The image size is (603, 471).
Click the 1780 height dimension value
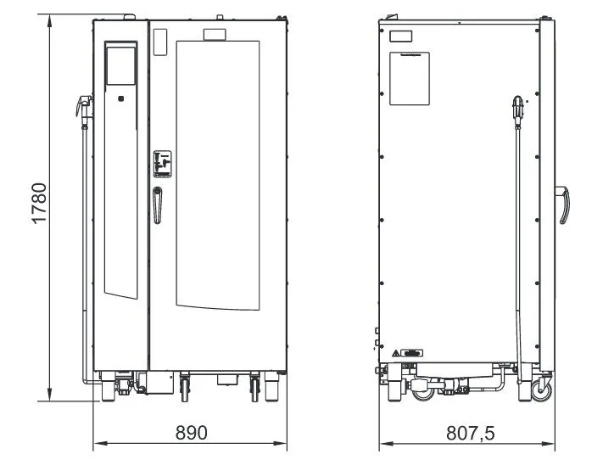[x=39, y=203]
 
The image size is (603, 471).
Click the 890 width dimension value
[x=191, y=433]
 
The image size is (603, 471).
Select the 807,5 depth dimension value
[x=471, y=433]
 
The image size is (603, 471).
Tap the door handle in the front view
[x=157, y=205]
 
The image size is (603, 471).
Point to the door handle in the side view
[x=562, y=205]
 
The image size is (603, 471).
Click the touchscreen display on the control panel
[x=120, y=66]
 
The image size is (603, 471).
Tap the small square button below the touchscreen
[x=120, y=98]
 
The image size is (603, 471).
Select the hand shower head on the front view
[x=84, y=106]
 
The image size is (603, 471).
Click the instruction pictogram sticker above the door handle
[x=162, y=164]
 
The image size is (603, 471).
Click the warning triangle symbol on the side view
[x=396, y=353]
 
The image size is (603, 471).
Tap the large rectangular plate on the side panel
[x=410, y=78]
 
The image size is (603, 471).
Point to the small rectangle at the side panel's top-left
[x=400, y=36]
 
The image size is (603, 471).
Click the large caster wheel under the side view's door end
[x=541, y=390]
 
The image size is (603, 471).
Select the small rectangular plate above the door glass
[x=215, y=35]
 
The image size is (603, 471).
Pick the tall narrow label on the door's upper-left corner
[x=160, y=42]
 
